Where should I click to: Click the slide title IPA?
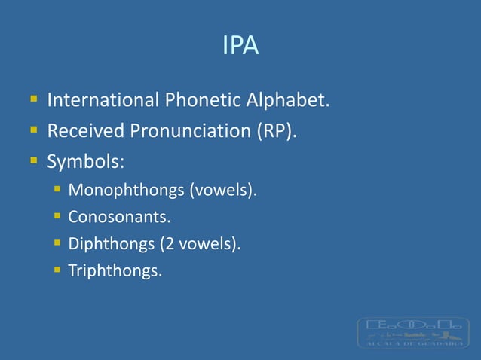240,47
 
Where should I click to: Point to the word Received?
86,131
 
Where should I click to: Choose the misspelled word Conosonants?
118,218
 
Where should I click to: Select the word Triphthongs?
115,270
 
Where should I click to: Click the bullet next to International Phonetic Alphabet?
34,99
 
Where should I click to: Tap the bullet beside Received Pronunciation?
34,130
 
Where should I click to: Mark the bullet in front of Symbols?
34,161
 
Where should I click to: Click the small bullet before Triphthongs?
57,270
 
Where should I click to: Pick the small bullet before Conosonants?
57,217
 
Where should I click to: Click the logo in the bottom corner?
412,332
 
